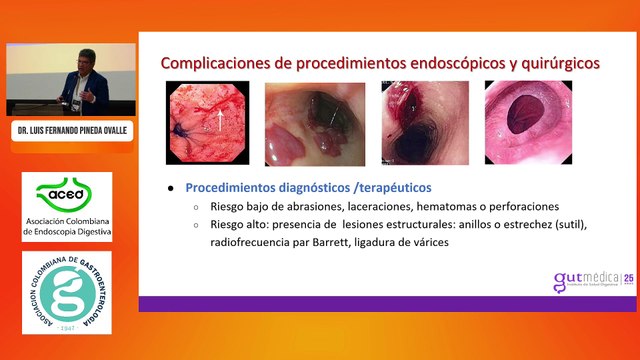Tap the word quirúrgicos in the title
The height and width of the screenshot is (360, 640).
(x=556, y=63)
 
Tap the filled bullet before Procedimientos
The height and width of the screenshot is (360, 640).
(x=172, y=188)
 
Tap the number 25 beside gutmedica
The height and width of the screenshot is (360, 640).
(x=629, y=278)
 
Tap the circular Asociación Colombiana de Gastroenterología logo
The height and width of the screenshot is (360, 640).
(x=67, y=293)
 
